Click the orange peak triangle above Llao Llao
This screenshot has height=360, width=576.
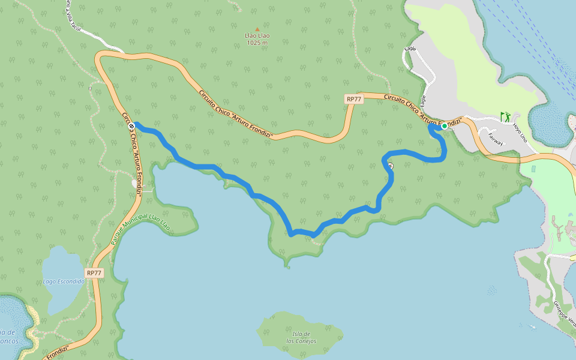(x=257, y=29)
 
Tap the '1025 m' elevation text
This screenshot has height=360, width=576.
(x=257, y=43)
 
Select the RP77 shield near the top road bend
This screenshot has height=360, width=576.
(x=354, y=100)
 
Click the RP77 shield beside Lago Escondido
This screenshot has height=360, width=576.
(x=94, y=273)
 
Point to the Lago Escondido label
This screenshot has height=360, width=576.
(x=64, y=281)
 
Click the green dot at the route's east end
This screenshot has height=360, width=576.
(x=445, y=126)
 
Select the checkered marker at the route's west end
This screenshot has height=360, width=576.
(x=131, y=126)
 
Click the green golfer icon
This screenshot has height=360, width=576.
(x=506, y=115)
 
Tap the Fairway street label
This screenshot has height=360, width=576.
(x=496, y=139)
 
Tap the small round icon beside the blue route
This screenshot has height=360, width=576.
(x=391, y=166)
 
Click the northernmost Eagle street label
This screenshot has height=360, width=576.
(x=410, y=49)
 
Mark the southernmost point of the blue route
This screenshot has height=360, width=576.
(x=313, y=236)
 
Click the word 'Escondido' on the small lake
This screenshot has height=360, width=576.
(x=72, y=281)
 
